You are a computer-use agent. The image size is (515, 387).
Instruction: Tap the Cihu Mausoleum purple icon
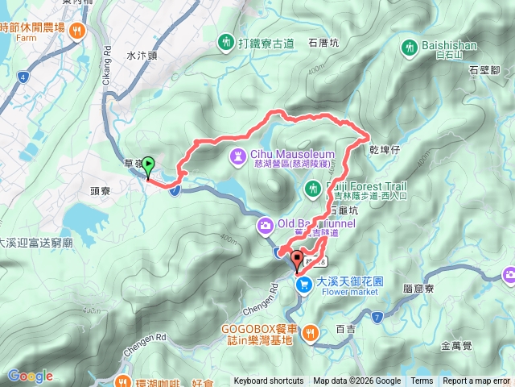[x=240, y=154]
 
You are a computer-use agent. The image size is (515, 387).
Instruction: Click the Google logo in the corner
[x=30, y=376]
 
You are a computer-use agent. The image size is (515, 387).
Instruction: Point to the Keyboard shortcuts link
[x=269, y=381]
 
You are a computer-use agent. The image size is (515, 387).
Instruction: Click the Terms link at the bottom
[x=422, y=381]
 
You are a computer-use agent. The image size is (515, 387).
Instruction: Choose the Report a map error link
[x=476, y=381]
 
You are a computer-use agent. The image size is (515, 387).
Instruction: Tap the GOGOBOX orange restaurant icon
[x=312, y=331]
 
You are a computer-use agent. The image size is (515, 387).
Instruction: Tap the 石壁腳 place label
[x=484, y=71]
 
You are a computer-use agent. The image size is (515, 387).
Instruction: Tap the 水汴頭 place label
[x=142, y=56]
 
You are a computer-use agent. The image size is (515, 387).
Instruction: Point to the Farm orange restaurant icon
[x=77, y=31]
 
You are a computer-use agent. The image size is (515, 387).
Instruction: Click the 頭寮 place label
[x=111, y=192]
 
